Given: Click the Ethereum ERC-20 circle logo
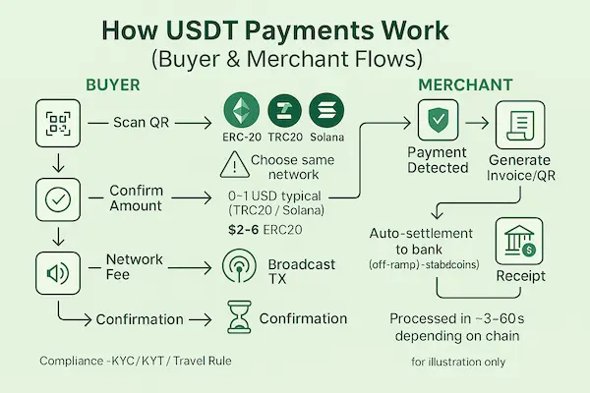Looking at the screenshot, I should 241,111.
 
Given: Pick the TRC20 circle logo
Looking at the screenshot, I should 284,111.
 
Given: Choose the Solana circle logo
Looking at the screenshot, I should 327,111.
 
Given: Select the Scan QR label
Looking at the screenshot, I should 143,123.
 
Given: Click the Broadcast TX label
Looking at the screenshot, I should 301,272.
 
